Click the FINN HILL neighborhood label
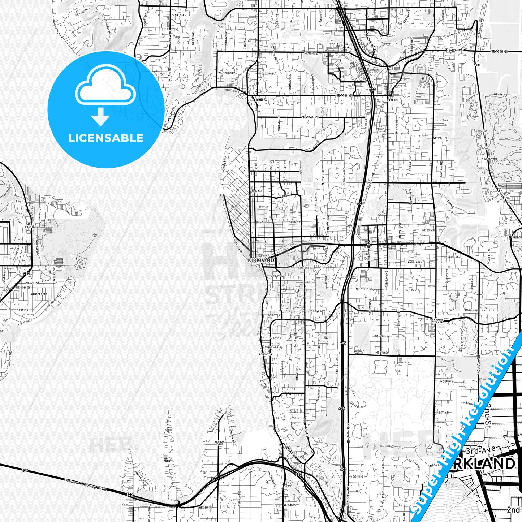tap(178, 15)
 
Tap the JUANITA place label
tap(260, 100)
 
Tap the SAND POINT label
tap(29, 225)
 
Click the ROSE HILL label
tap(414, 262)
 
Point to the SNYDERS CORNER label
tap(438, 321)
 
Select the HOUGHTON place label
tap(265, 355)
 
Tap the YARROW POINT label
tap(219, 443)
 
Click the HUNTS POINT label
tap(167, 460)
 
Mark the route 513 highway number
tap(26, 273)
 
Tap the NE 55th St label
tap(23, 310)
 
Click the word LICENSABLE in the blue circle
tap(106, 138)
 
